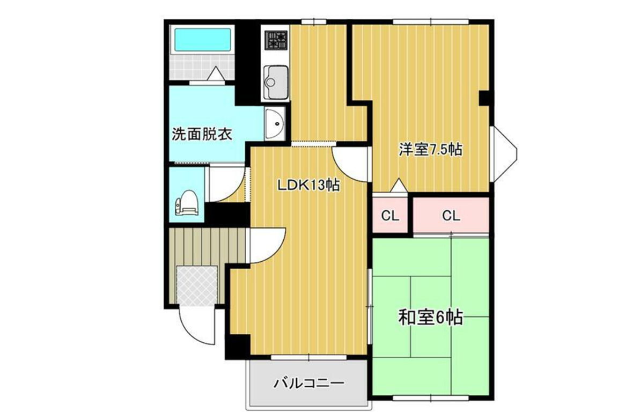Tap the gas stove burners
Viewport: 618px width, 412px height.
[276, 39]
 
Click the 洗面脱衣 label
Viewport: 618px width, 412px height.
[202, 134]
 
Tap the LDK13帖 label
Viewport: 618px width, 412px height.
[307, 186]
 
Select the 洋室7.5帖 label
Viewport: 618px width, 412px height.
[430, 149]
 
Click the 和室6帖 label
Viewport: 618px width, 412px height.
[430, 318]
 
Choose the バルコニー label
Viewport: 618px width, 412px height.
[308, 384]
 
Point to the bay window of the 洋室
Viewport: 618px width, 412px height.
[504, 152]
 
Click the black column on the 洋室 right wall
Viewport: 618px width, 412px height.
[484, 98]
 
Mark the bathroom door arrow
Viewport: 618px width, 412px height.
[216, 74]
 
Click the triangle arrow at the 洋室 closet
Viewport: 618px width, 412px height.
[398, 185]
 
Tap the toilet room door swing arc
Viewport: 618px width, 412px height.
[225, 184]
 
